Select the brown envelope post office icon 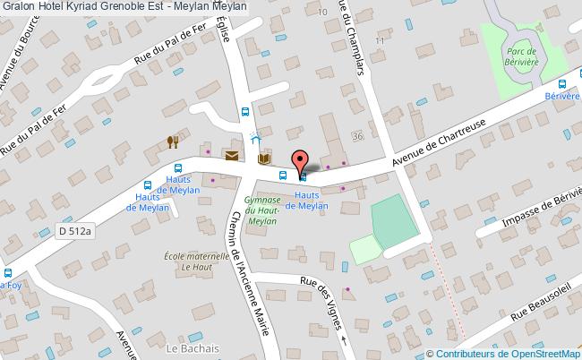coord(232,156)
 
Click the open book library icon coord(263,159)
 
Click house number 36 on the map coord(358,136)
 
